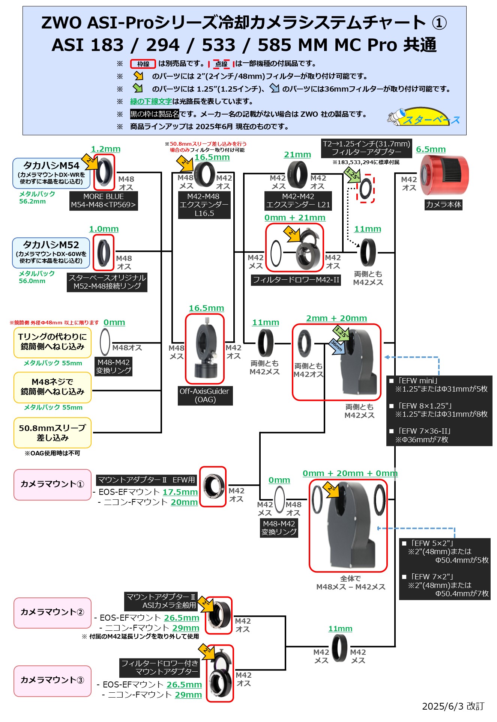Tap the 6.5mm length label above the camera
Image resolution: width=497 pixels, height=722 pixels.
pos(431,149)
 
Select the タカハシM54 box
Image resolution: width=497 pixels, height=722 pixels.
pos(51,173)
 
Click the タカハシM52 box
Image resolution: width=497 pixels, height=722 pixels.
pos(51,252)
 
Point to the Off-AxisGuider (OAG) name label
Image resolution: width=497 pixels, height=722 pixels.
pos(205,395)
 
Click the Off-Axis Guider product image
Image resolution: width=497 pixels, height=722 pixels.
pos(205,349)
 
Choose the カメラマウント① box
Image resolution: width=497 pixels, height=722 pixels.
pos(52,484)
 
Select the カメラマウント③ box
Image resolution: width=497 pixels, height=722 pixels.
pos(52,680)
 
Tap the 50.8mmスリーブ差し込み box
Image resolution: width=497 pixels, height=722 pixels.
pos(53,433)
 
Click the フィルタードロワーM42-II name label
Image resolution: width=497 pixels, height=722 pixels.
pos(296,280)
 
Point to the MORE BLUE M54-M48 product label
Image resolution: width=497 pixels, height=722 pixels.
pos(104,201)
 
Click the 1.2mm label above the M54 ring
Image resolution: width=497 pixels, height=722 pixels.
pos(105,149)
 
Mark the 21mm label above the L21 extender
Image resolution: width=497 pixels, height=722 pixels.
pos(297,155)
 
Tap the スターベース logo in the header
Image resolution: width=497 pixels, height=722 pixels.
pos(424,117)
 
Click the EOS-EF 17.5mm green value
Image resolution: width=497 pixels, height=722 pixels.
pos(180,492)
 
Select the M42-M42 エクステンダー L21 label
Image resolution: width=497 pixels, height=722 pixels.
pos(298,201)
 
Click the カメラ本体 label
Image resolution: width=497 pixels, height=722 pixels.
pos(443,205)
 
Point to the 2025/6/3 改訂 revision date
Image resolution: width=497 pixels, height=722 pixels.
pos(453,706)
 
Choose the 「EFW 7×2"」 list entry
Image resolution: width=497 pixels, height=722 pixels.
pos(445,585)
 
